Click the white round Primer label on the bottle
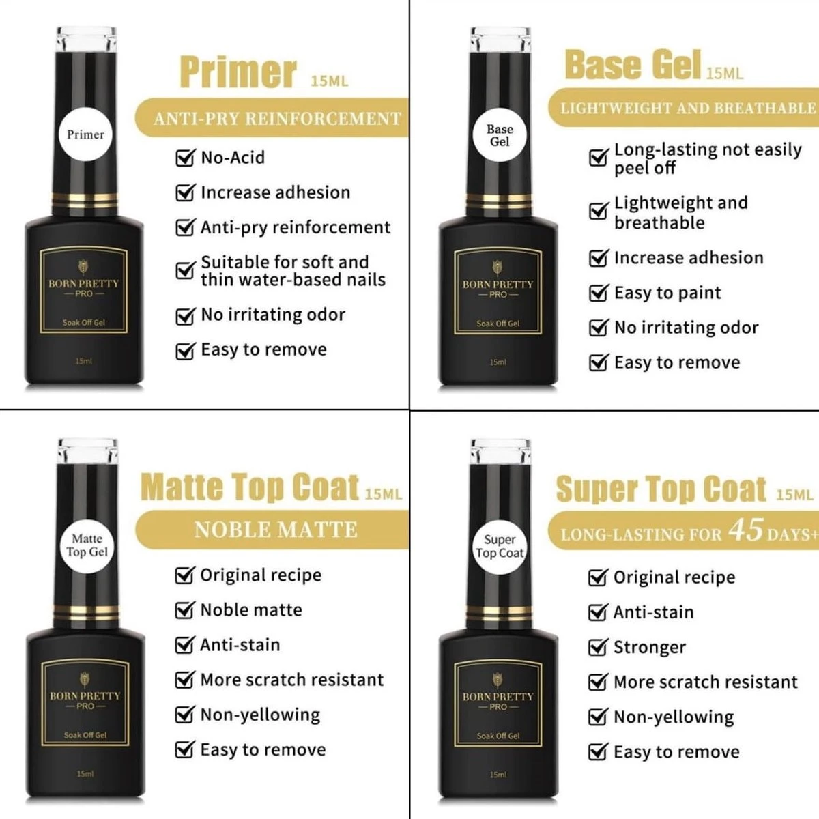[x=85, y=134]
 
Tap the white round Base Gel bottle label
[x=499, y=135]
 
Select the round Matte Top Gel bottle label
[x=87, y=545]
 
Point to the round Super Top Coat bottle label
[x=500, y=546]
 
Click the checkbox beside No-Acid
[x=185, y=158]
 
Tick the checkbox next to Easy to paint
[x=598, y=293]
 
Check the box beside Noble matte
[x=184, y=610]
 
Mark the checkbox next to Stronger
[x=597, y=647]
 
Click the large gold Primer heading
[x=238, y=72]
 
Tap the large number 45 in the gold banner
[x=745, y=530]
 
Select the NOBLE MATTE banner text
[x=276, y=530]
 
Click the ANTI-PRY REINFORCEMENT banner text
[x=277, y=119]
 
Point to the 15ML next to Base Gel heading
[x=725, y=74]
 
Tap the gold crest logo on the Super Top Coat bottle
[x=498, y=679]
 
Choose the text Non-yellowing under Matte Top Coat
[x=260, y=715]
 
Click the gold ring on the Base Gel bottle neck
[x=498, y=199]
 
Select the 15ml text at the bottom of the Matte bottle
[x=85, y=774]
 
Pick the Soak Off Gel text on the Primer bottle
[x=84, y=323]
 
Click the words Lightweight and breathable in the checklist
[x=680, y=213]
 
